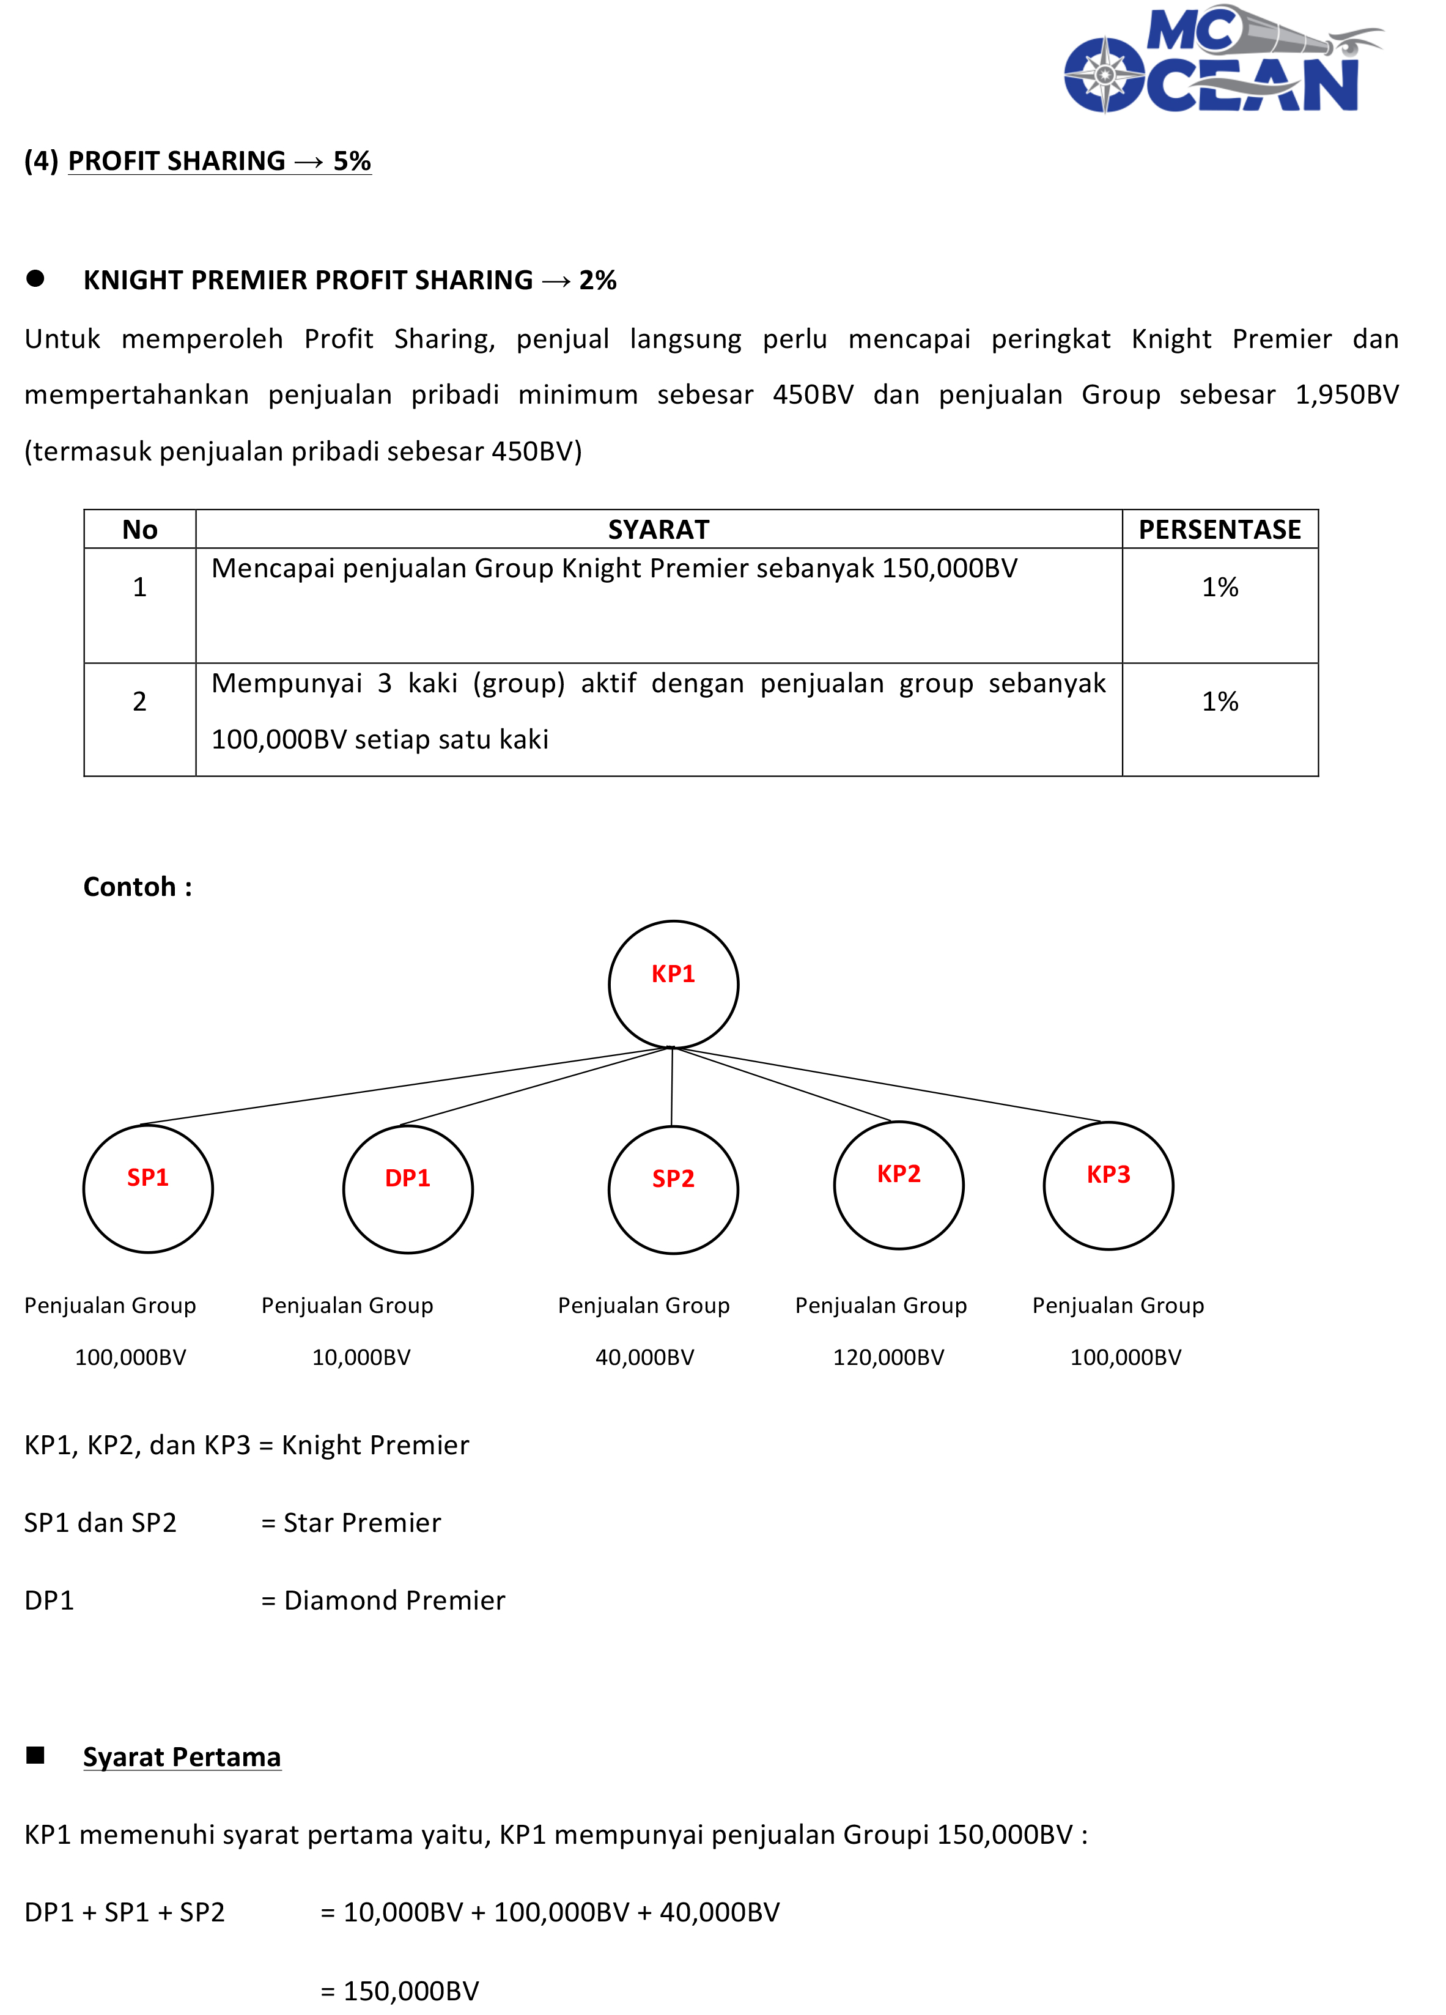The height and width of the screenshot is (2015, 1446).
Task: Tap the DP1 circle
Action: point(408,1189)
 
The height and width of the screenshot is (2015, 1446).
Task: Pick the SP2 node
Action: point(673,1189)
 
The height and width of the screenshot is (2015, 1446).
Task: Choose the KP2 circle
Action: point(898,1185)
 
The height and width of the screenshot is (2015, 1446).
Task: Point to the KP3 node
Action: point(1108,1185)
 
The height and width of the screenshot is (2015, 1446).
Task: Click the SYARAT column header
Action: point(658,530)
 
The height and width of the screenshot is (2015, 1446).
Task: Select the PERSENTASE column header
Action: point(1220,530)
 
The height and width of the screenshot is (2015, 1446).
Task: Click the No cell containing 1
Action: point(139,587)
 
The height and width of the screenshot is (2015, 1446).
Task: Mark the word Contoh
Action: point(130,887)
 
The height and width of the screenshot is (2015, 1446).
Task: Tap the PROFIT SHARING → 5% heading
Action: point(219,161)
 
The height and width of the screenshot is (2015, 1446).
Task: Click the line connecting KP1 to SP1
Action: point(404,1085)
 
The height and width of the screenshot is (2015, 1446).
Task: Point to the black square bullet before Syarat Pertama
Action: point(35,1754)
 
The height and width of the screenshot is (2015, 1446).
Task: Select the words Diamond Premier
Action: point(394,1600)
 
